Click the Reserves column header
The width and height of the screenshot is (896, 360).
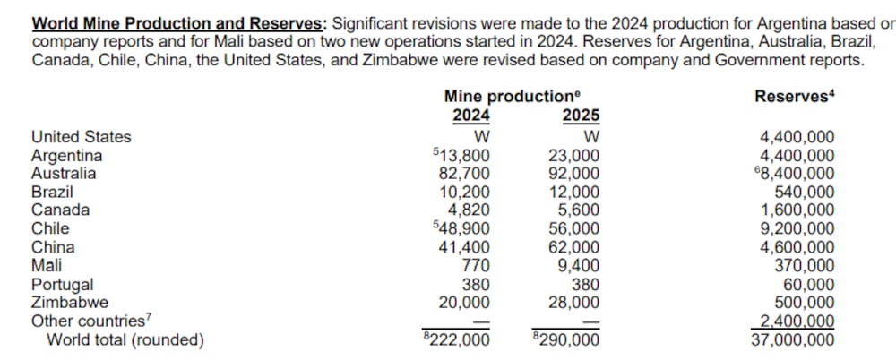pyautogui.click(x=792, y=97)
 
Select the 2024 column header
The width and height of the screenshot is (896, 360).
pyautogui.click(x=470, y=116)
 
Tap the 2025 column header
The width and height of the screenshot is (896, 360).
pyautogui.click(x=581, y=116)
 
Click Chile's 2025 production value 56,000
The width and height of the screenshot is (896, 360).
pyautogui.click(x=573, y=228)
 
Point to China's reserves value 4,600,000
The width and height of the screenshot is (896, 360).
pyautogui.click(x=797, y=247)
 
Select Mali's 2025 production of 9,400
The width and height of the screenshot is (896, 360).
pyautogui.click(x=579, y=265)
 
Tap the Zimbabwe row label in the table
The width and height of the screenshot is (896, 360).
pyautogui.click(x=70, y=302)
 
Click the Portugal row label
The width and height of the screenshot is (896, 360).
pyautogui.click(x=62, y=284)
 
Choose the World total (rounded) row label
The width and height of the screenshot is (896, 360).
pyautogui.click(x=125, y=339)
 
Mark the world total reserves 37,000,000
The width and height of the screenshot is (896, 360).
pyautogui.click(x=792, y=339)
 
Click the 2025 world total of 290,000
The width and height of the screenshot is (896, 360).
pyautogui.click(x=570, y=339)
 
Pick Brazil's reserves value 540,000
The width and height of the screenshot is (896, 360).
pyautogui.click(x=805, y=192)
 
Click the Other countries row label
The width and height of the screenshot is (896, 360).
pyautogui.click(x=88, y=321)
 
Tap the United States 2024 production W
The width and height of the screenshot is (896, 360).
pyautogui.click(x=480, y=137)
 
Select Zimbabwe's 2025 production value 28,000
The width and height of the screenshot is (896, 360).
pyautogui.click(x=573, y=302)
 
